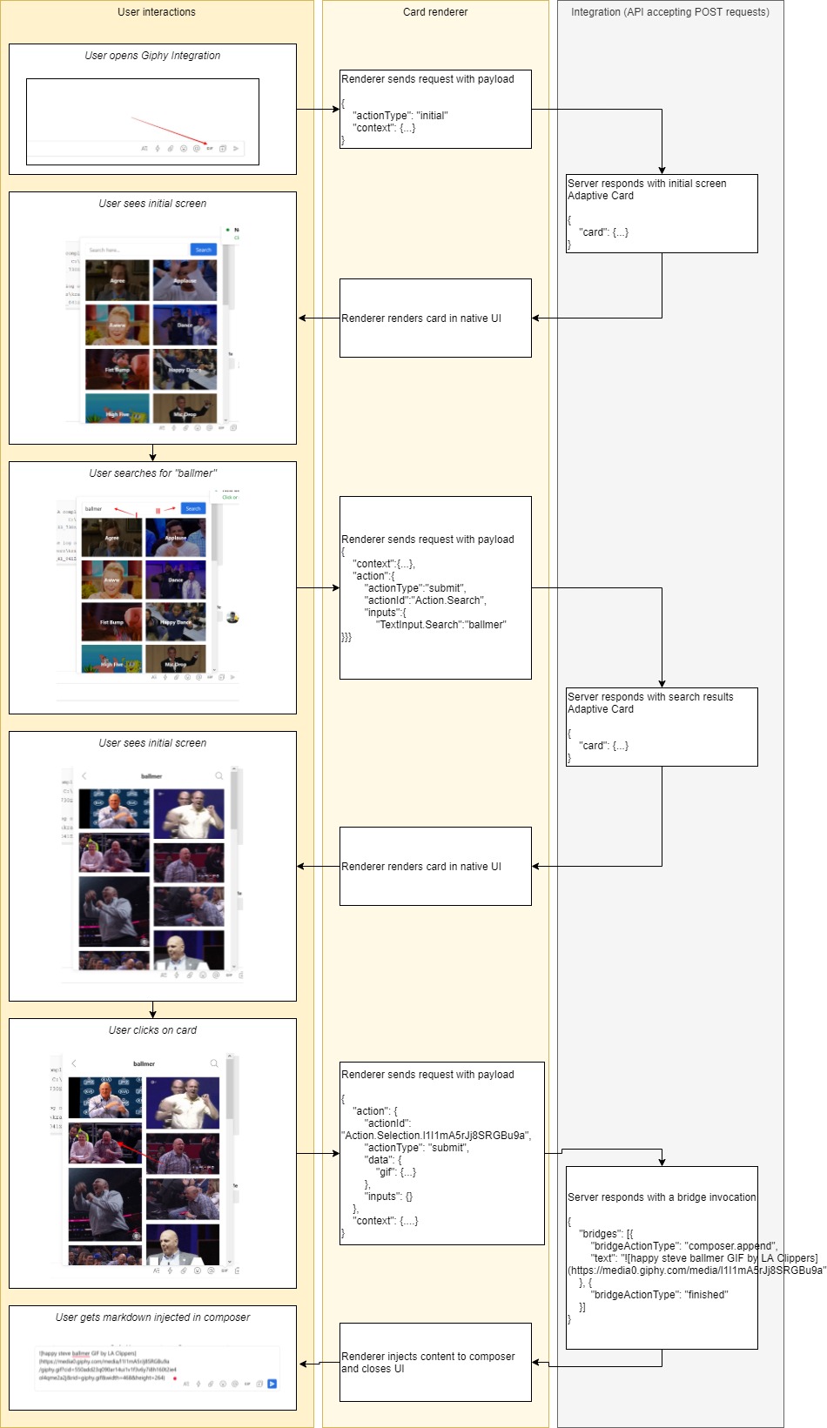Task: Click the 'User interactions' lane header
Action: point(157,12)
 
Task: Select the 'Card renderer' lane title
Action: point(435,12)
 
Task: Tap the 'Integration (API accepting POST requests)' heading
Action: point(670,12)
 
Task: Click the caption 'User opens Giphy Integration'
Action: point(152,56)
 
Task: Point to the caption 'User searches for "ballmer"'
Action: point(152,473)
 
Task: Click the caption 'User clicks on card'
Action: point(152,1030)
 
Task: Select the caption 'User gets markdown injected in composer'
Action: point(152,1317)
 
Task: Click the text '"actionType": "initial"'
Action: point(400,116)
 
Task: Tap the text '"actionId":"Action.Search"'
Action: point(425,600)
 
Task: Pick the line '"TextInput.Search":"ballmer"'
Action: point(440,625)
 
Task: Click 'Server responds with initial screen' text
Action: point(647,184)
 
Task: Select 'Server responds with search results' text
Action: point(650,697)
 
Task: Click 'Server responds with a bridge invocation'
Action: point(662,1197)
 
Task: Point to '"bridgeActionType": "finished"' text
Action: point(659,1295)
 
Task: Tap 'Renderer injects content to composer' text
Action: point(428,1357)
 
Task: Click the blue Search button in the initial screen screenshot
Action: point(203,250)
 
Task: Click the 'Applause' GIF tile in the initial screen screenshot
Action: point(185,280)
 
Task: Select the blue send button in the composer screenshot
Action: point(272,1384)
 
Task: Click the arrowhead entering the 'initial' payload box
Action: point(336,110)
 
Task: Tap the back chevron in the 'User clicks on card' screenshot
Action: point(74,1063)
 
